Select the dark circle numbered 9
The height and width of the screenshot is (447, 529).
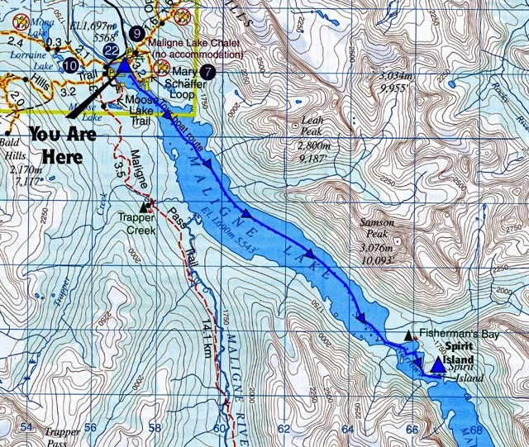click(x=136, y=35)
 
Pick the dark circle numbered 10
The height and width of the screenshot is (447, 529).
click(x=70, y=64)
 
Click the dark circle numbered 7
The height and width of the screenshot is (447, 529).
click(x=207, y=71)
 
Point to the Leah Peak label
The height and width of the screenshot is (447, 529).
click(x=312, y=129)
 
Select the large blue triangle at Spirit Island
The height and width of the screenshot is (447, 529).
click(x=437, y=364)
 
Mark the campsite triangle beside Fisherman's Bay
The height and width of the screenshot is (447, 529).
click(x=409, y=335)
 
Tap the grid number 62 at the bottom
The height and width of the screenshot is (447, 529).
click(x=284, y=429)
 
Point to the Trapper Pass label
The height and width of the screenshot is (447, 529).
click(x=62, y=436)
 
